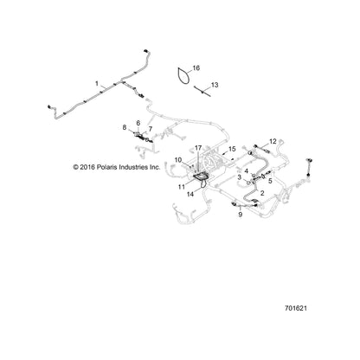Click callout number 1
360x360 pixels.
coord(97,84)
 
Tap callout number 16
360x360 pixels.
coord(196,68)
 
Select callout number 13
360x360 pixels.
coord(215,85)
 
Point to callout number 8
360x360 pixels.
coord(125,127)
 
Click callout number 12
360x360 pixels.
coord(273,141)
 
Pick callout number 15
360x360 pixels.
coord(232,149)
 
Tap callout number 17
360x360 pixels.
coord(198,148)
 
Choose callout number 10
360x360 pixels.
coord(178,160)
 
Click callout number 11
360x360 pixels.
coord(182,187)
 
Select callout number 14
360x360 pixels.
coord(190,195)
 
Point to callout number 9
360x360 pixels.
coord(241,215)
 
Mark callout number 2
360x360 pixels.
coord(262,193)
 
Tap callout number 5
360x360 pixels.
coord(270,182)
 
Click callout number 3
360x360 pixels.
coord(240,177)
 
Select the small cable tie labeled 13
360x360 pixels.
coord(202,91)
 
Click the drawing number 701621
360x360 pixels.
coord(296,308)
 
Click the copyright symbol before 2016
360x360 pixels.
coord(76,167)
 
